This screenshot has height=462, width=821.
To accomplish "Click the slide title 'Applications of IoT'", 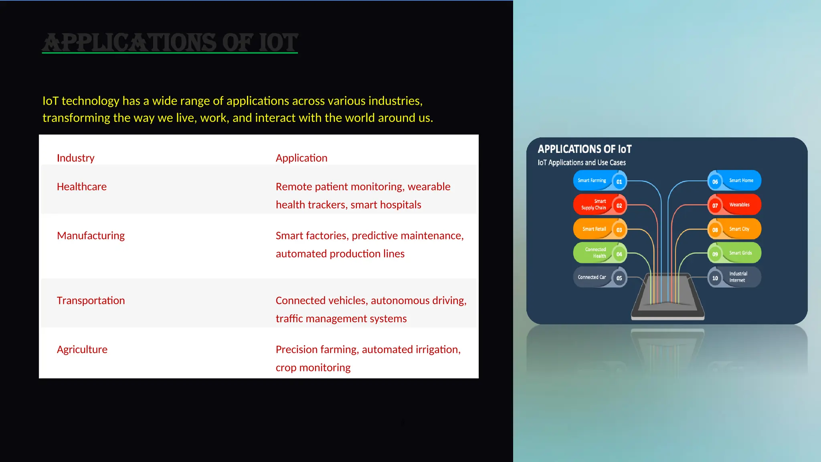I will (x=170, y=43).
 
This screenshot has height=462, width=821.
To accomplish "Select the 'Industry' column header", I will (x=76, y=158).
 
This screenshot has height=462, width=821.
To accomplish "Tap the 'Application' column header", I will (x=301, y=158).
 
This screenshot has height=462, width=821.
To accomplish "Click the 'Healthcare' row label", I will (x=82, y=187).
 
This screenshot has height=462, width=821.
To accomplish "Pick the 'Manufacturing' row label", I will (x=91, y=236).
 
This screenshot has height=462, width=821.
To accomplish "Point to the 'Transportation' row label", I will (x=91, y=301).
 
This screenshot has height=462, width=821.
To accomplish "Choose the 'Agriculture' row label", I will (x=82, y=350).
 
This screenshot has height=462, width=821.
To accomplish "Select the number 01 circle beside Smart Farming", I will (x=619, y=182).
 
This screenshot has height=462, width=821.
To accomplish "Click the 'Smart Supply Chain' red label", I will (x=594, y=205).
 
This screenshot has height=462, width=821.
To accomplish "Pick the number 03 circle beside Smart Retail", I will (x=619, y=230).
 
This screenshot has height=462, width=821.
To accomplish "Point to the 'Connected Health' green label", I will (x=595, y=253).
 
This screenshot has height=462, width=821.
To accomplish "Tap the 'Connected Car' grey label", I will (x=592, y=277).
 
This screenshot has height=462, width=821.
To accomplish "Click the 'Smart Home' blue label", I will (x=741, y=180).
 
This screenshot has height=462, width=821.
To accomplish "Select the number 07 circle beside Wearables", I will (x=715, y=206).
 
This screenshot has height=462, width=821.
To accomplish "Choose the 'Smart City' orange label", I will (x=739, y=229).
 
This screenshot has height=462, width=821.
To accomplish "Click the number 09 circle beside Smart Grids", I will (x=715, y=254).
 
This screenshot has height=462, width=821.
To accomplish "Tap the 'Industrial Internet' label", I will (x=738, y=277).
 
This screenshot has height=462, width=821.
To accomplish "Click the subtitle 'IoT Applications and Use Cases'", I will (x=581, y=162).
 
